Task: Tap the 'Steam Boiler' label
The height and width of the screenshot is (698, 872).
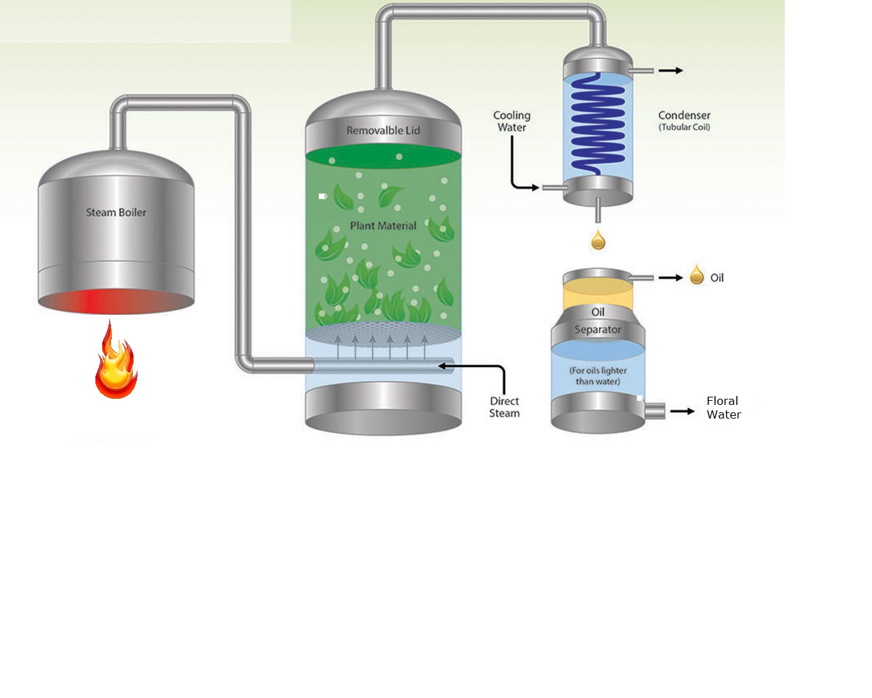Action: (x=116, y=213)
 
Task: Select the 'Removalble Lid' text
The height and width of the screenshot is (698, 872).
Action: (x=383, y=131)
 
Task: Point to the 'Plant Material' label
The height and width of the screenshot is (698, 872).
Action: (x=383, y=226)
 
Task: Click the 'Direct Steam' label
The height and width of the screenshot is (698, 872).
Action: (x=504, y=407)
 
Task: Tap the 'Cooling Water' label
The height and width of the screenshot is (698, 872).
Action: (x=512, y=121)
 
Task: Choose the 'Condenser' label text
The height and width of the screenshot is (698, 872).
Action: (x=684, y=115)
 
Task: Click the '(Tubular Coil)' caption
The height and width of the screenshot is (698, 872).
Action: (x=684, y=127)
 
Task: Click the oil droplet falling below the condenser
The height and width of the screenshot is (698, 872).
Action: (x=598, y=240)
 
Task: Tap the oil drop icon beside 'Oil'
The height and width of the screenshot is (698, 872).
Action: (x=696, y=275)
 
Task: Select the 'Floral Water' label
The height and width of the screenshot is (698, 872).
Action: (x=723, y=408)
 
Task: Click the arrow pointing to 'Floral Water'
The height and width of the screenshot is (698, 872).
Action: (x=682, y=411)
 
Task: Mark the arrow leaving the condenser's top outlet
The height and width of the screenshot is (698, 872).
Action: (x=670, y=70)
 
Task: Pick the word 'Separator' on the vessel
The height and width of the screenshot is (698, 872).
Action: (x=597, y=330)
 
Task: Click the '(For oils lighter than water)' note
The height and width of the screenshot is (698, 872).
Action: (x=597, y=376)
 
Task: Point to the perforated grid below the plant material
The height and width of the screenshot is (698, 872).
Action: (x=383, y=334)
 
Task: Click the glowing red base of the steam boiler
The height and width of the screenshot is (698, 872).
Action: (x=116, y=301)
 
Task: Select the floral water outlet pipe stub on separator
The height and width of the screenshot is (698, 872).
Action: (x=655, y=411)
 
